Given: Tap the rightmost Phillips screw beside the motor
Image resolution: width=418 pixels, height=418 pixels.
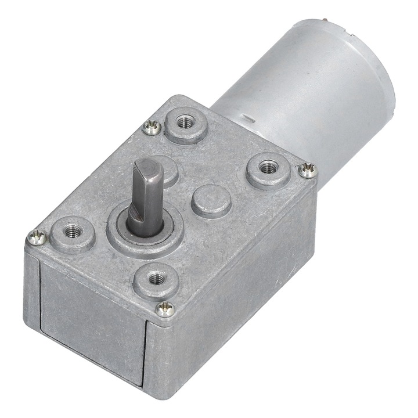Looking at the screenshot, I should point(308,170).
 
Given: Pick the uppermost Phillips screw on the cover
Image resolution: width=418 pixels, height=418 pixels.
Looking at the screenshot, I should point(153,126).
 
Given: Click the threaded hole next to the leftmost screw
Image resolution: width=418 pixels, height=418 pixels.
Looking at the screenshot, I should point(72,230).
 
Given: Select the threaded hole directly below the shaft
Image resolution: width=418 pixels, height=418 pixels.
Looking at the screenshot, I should point(155,279).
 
